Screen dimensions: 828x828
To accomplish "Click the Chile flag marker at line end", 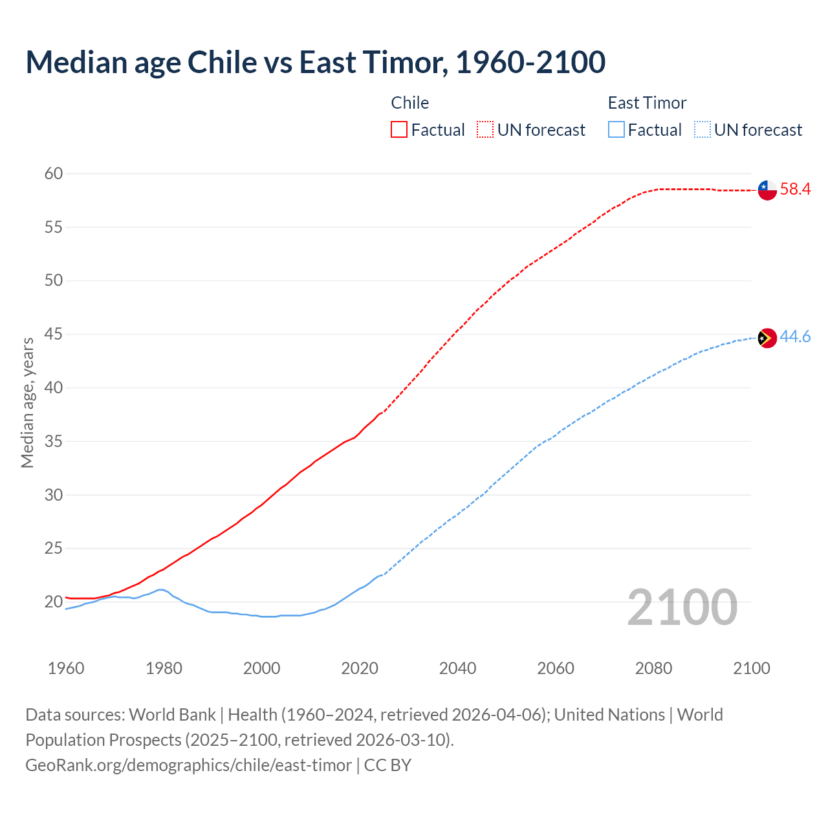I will [767, 190].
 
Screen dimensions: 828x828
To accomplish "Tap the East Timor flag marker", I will [767, 338].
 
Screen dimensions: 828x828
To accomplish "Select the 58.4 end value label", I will [795, 190].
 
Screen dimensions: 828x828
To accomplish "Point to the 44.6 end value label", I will [795, 337].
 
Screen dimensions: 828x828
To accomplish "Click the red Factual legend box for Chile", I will [399, 130].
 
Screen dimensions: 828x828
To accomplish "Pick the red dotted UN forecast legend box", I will [485, 130].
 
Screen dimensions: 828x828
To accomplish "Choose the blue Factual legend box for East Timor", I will [616, 130].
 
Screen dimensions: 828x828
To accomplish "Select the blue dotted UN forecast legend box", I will [703, 130].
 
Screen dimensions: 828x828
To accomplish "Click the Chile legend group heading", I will [409, 103].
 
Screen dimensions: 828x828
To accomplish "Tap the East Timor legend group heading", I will [647, 103].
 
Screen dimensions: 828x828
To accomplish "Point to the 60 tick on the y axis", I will [54, 173].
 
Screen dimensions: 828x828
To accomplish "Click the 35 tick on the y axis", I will [54, 442].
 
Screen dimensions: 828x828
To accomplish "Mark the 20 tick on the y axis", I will [54, 602].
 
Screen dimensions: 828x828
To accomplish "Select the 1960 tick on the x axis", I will [66, 668].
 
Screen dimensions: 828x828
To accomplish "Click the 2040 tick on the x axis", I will [457, 668].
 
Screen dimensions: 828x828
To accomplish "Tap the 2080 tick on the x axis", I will [653, 668].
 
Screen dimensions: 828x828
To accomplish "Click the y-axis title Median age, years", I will [27, 402].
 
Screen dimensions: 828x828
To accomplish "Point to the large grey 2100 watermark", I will [682, 607].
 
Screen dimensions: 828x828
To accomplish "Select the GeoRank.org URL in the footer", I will [188, 765].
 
